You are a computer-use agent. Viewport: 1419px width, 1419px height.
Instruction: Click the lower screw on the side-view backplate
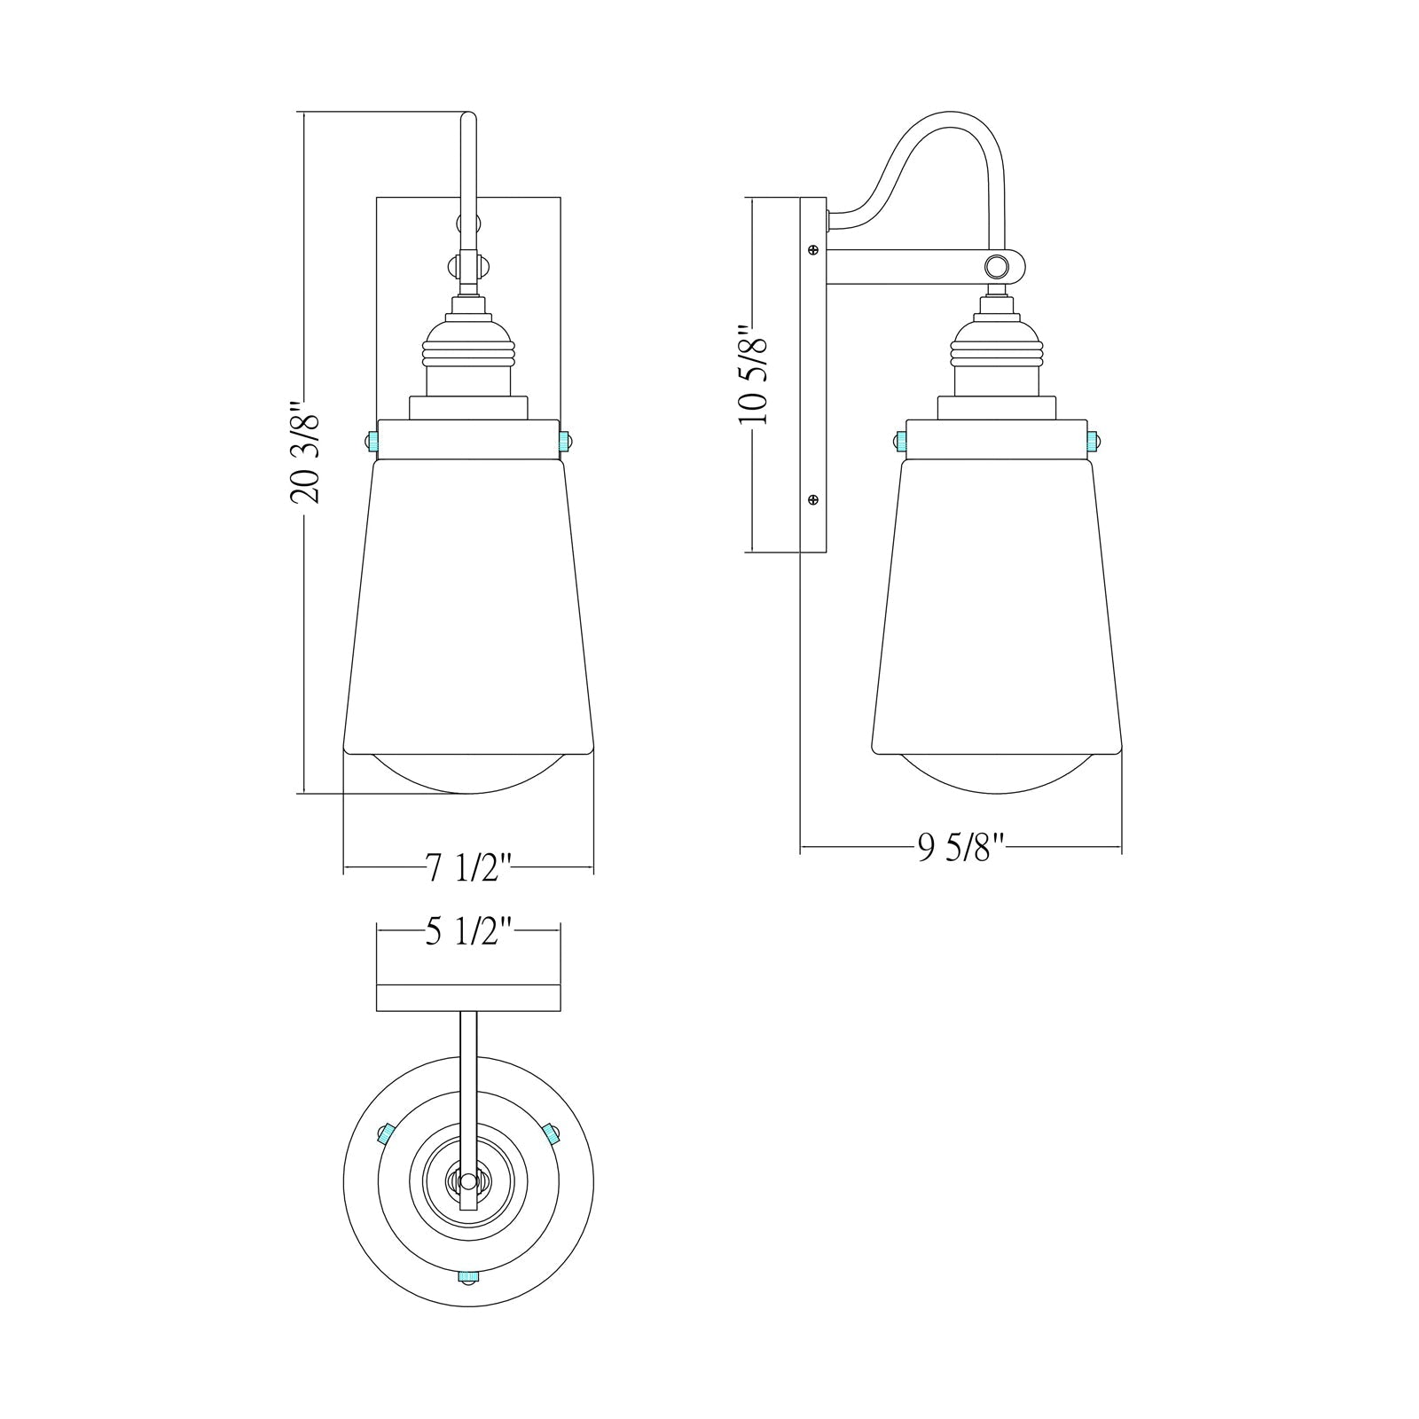813,501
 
